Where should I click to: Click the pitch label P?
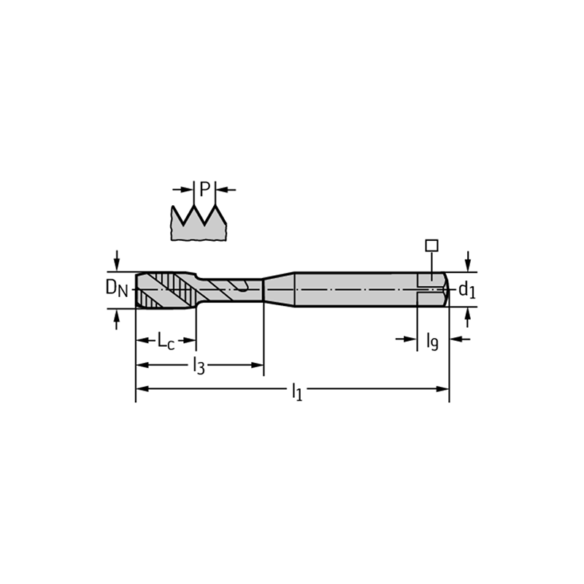coord(205,189)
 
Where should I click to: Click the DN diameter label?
coord(117,288)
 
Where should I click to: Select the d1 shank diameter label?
coord(466,289)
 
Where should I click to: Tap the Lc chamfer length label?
coord(166,341)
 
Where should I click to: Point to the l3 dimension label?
coord(199,366)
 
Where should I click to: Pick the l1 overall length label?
coord(297,392)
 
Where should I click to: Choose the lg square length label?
coord(432,341)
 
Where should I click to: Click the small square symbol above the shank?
coord(431,245)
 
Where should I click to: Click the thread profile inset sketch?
coord(199,223)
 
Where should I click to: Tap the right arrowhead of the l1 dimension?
coord(442,389)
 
